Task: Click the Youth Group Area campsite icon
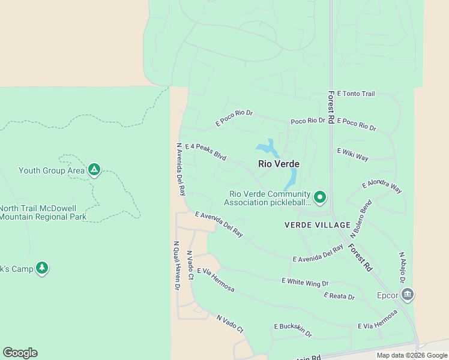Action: click(94, 170)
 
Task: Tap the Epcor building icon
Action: click(408, 295)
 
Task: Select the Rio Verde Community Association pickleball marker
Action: click(320, 197)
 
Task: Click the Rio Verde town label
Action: click(279, 164)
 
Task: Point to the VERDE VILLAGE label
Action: click(317, 225)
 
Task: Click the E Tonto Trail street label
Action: click(356, 94)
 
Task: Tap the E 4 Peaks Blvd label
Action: click(206, 152)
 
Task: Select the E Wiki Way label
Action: click(353, 154)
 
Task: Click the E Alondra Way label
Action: click(382, 187)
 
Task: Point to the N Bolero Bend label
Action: click(366, 215)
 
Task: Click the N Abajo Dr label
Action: click(402, 268)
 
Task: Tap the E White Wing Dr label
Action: click(305, 281)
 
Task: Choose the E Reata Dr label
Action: click(339, 296)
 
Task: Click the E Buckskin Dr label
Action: click(293, 329)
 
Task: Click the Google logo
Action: click(20, 353)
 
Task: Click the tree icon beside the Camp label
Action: click(41, 268)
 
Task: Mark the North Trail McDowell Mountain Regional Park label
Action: click(43, 212)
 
